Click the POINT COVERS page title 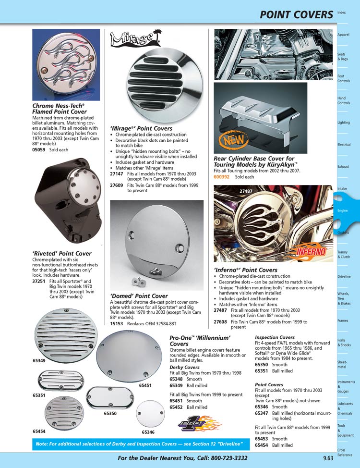point(296,14)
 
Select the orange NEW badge point(230,141)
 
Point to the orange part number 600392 point(221,177)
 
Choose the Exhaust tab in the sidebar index point(343,167)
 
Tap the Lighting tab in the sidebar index point(344,123)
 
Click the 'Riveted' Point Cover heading point(61,253)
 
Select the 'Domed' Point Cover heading point(139,296)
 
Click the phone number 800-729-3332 point(224,458)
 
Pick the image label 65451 point(145,385)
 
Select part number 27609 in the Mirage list point(116,185)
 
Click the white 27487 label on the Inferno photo point(246,191)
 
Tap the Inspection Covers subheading point(275,337)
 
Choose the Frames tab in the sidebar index point(343,320)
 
